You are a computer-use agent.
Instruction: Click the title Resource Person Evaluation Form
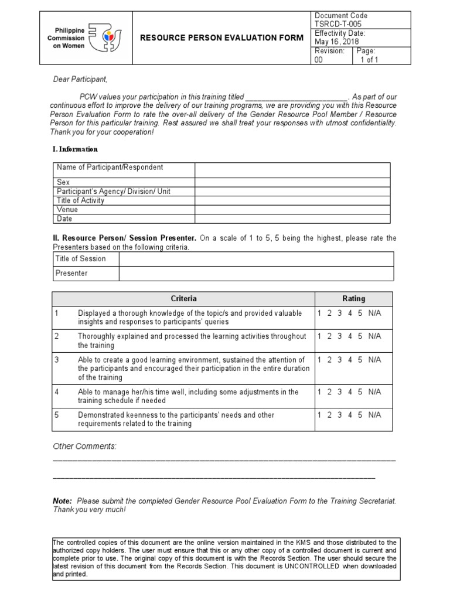click(x=222, y=38)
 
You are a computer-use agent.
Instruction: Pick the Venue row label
click(x=67, y=209)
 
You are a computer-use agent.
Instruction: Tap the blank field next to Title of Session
click(x=256, y=259)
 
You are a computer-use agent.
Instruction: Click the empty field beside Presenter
click(x=256, y=273)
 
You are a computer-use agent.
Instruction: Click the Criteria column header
click(x=183, y=298)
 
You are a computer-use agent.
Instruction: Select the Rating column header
click(x=353, y=298)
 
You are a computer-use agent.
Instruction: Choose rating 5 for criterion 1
click(x=360, y=313)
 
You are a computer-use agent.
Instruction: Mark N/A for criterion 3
click(x=374, y=360)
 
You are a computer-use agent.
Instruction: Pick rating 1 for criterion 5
click(x=319, y=415)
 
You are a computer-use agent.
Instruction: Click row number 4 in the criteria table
click(x=57, y=392)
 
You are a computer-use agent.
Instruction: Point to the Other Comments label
click(x=84, y=446)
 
